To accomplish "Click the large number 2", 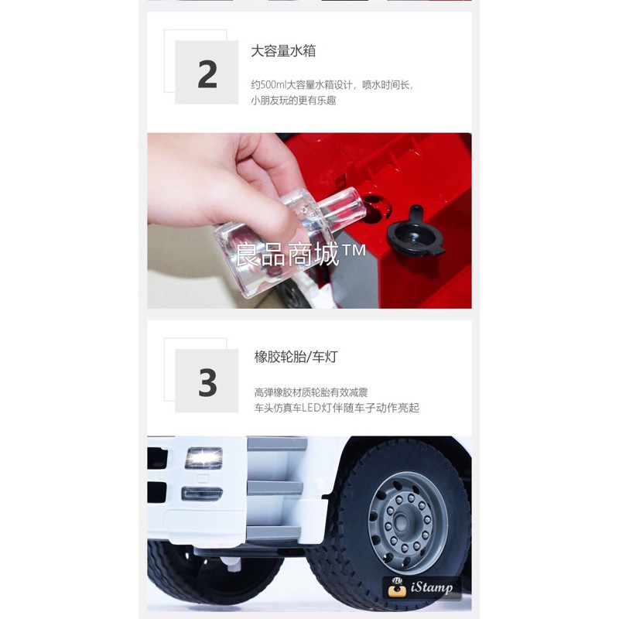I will pos(207,74).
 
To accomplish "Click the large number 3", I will pos(207,381).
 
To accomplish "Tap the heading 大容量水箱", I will pos(283,51).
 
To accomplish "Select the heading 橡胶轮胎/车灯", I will pos(296,357).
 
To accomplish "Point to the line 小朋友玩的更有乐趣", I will pos(293,101).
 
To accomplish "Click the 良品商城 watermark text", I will pos(287,255).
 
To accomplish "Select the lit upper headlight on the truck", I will pos(203,458).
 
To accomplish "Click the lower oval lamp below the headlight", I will pos(202,493).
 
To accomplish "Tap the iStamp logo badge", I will pos(422,588).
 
